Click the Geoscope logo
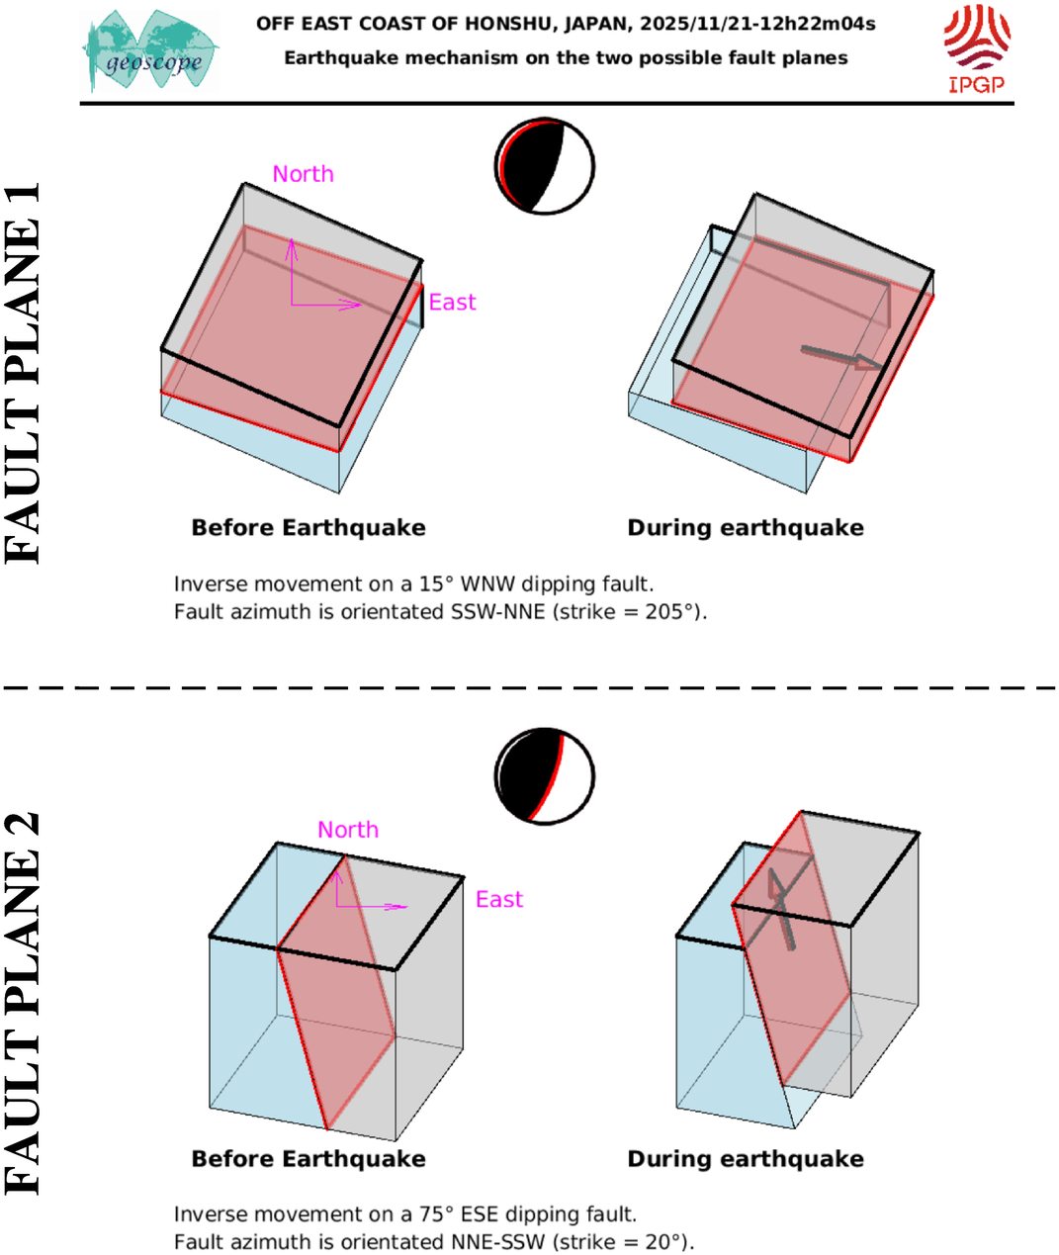pos(150,51)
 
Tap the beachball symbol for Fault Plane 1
pos(544,166)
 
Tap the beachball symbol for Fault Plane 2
pos(544,776)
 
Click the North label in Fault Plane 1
pos(303,174)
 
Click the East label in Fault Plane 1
pos(452,303)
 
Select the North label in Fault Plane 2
pos(348,830)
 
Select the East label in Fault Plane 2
pos(498,899)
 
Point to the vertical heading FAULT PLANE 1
pos(24,373)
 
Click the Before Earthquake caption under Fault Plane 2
pos(309,1159)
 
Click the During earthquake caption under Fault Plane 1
pos(746,528)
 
